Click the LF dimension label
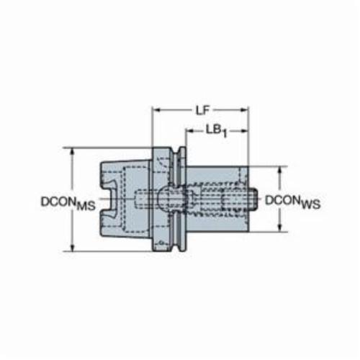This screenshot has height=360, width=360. [203, 111]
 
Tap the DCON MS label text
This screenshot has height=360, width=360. [68, 203]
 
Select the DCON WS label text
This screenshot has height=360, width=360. [292, 202]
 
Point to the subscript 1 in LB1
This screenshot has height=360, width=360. [225, 134]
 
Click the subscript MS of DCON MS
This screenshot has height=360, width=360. [86, 207]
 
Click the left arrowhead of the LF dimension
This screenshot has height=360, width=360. [156, 110]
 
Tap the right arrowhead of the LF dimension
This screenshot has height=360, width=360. [244, 110]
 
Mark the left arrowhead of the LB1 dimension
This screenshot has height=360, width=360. [189, 131]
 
